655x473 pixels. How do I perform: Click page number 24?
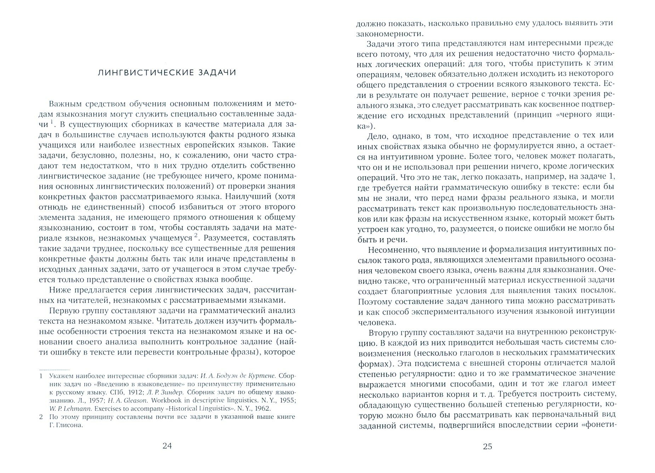pyautogui.click(x=167, y=446)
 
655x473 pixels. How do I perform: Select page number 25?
pyautogui.click(x=487, y=446)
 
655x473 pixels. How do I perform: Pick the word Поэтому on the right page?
pyautogui.click(x=373, y=302)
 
